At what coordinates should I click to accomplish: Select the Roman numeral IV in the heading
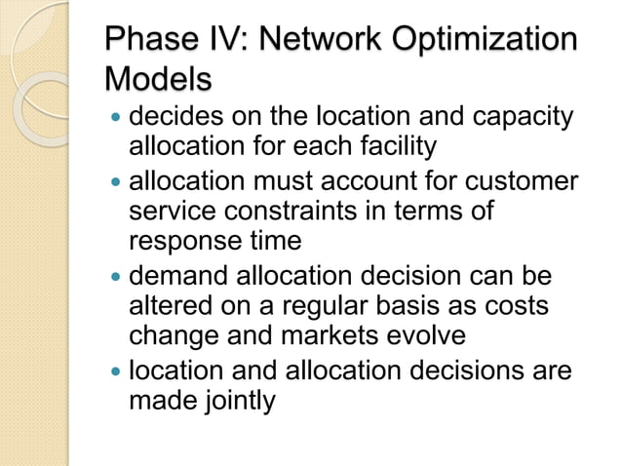227,40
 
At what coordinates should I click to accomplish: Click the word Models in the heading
158,77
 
